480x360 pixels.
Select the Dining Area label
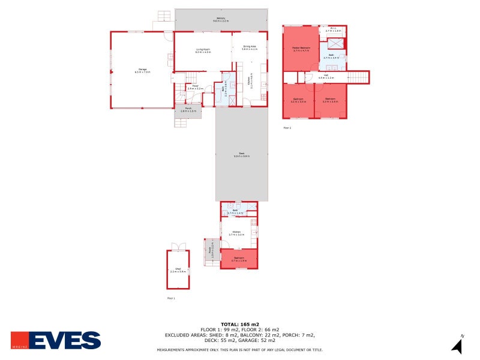249,48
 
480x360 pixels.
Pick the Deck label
241,155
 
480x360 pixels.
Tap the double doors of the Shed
178,246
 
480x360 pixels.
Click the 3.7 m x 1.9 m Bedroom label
239,259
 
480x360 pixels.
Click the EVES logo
56,340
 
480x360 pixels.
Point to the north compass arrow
457,346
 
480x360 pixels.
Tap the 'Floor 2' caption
287,128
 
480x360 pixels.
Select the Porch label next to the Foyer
188,110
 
